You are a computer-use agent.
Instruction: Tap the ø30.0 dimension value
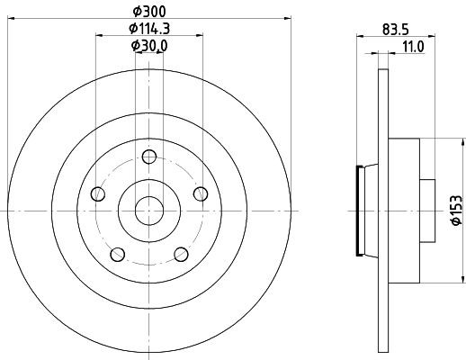(x=149, y=45)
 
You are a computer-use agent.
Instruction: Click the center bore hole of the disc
(x=148, y=210)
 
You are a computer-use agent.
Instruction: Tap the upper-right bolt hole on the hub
(x=201, y=193)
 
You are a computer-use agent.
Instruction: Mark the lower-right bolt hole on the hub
(x=181, y=254)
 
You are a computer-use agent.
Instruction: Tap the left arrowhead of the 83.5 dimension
(x=360, y=35)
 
